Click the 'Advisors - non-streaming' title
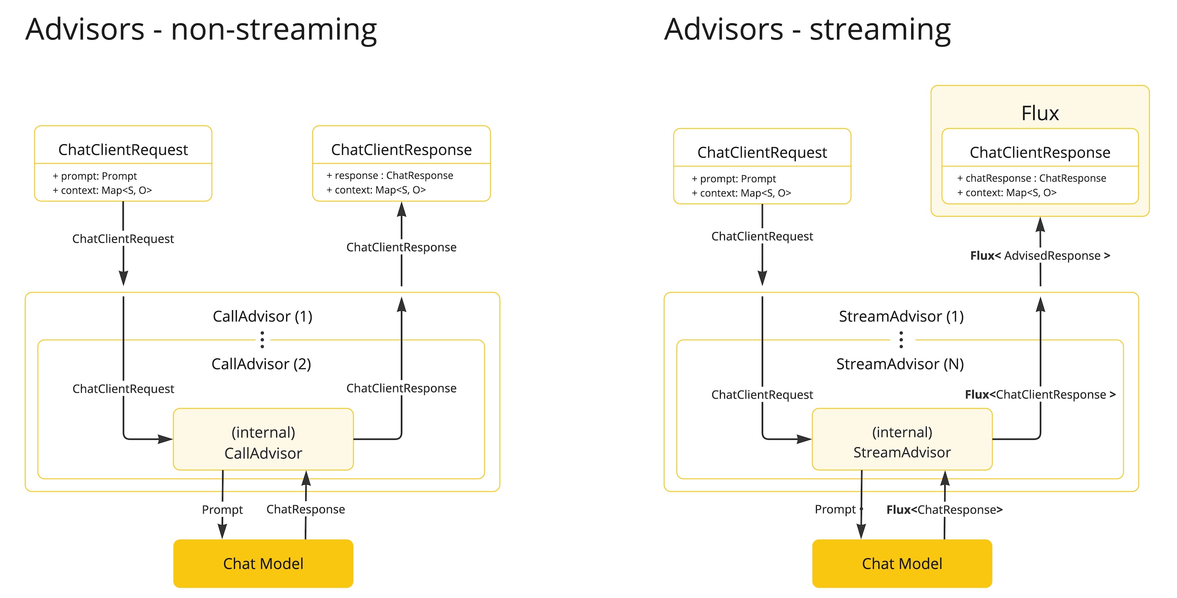[201, 30]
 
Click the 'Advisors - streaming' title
[807, 30]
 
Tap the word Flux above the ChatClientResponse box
[1039, 113]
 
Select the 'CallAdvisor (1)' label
[262, 316]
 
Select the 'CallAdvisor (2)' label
[261, 364]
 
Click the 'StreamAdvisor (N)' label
[900, 364]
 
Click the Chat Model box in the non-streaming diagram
[263, 563]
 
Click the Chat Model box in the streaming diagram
[902, 563]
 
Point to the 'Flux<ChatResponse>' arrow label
[944, 510]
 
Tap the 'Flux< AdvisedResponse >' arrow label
[1039, 256]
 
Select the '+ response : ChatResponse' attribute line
[389, 175]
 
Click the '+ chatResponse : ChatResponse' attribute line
[1031, 178]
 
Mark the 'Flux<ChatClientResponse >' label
[1039, 394]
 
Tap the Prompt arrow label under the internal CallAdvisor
[222, 510]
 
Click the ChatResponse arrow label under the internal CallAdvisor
[305, 509]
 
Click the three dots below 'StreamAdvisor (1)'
[901, 339]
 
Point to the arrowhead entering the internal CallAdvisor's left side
[165, 439]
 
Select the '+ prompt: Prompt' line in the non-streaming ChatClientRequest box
[95, 176]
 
